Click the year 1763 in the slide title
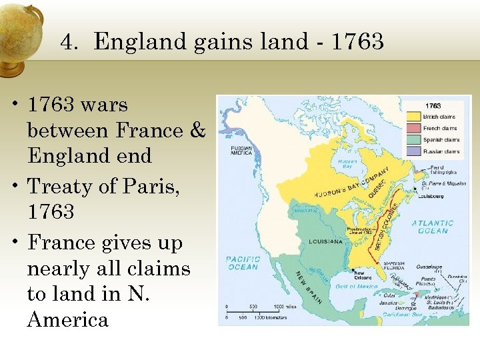(357, 42)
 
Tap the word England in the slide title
(141, 42)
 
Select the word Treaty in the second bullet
(63, 187)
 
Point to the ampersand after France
(198, 130)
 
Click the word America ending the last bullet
(67, 319)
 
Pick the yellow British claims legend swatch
(413, 116)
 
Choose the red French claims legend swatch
(413, 128)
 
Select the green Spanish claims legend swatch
(413, 140)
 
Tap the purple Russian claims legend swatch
(413, 151)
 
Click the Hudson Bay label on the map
(347, 163)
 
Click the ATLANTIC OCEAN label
(432, 227)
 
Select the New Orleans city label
(363, 276)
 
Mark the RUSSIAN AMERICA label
(241, 150)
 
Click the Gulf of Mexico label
(357, 286)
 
